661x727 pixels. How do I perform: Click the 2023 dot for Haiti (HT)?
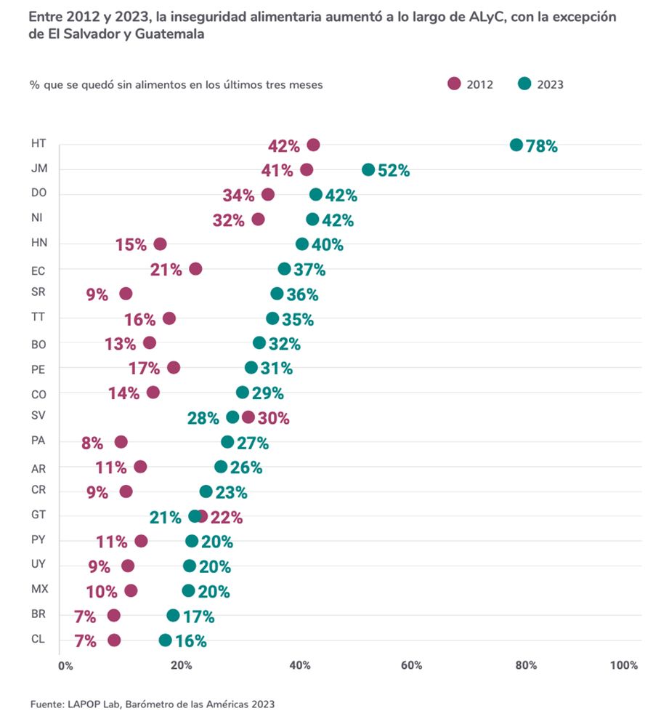pos(516,145)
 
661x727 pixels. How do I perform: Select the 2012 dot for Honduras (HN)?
pos(160,244)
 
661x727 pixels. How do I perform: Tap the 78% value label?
pos(542,146)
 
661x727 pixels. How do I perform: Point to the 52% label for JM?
pos(394,171)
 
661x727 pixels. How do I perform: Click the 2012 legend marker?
pos(455,84)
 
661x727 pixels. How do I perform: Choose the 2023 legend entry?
pos(541,84)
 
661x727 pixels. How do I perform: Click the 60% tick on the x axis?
pos(411,665)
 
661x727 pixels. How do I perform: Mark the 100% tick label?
pos(623,665)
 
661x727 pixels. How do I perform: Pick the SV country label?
pos(38,416)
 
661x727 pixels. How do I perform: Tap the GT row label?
pos(38,515)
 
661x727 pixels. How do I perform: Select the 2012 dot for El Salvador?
pos(248,417)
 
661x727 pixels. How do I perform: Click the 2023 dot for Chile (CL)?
pos(166,640)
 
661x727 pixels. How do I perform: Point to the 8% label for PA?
pos(92,443)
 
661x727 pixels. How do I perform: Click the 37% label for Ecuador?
pos(309,270)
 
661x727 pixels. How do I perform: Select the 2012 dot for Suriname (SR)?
pos(126,294)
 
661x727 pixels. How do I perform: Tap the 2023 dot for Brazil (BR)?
pos(173,616)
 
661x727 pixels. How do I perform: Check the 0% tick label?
pos(65,665)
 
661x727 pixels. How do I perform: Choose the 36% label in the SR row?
pos(302,295)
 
